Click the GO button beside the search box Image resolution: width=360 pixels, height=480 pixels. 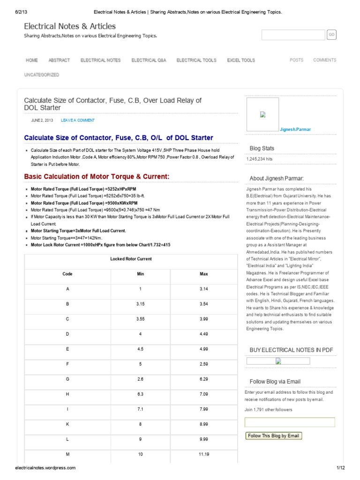(x=331, y=35)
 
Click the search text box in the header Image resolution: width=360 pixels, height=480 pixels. (x=293, y=35)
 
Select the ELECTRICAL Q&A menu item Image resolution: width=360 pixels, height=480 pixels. (x=148, y=60)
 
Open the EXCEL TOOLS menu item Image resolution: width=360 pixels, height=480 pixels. (x=241, y=60)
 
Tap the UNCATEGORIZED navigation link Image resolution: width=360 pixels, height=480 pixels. (x=42, y=75)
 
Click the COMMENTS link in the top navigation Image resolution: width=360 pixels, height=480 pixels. (x=324, y=60)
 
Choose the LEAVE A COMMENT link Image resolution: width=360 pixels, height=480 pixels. (x=78, y=120)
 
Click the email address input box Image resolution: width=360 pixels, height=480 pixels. (x=290, y=422)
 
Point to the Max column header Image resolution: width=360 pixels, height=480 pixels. (x=203, y=274)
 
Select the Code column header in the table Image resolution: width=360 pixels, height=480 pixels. (x=67, y=274)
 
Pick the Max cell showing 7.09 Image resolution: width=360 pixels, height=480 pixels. (x=203, y=395)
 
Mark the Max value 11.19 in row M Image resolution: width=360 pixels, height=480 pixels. (x=203, y=455)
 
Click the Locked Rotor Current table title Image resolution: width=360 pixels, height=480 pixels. (x=131, y=259)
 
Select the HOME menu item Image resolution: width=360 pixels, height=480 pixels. (x=32, y=60)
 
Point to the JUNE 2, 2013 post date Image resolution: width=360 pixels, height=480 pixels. (x=42, y=120)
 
